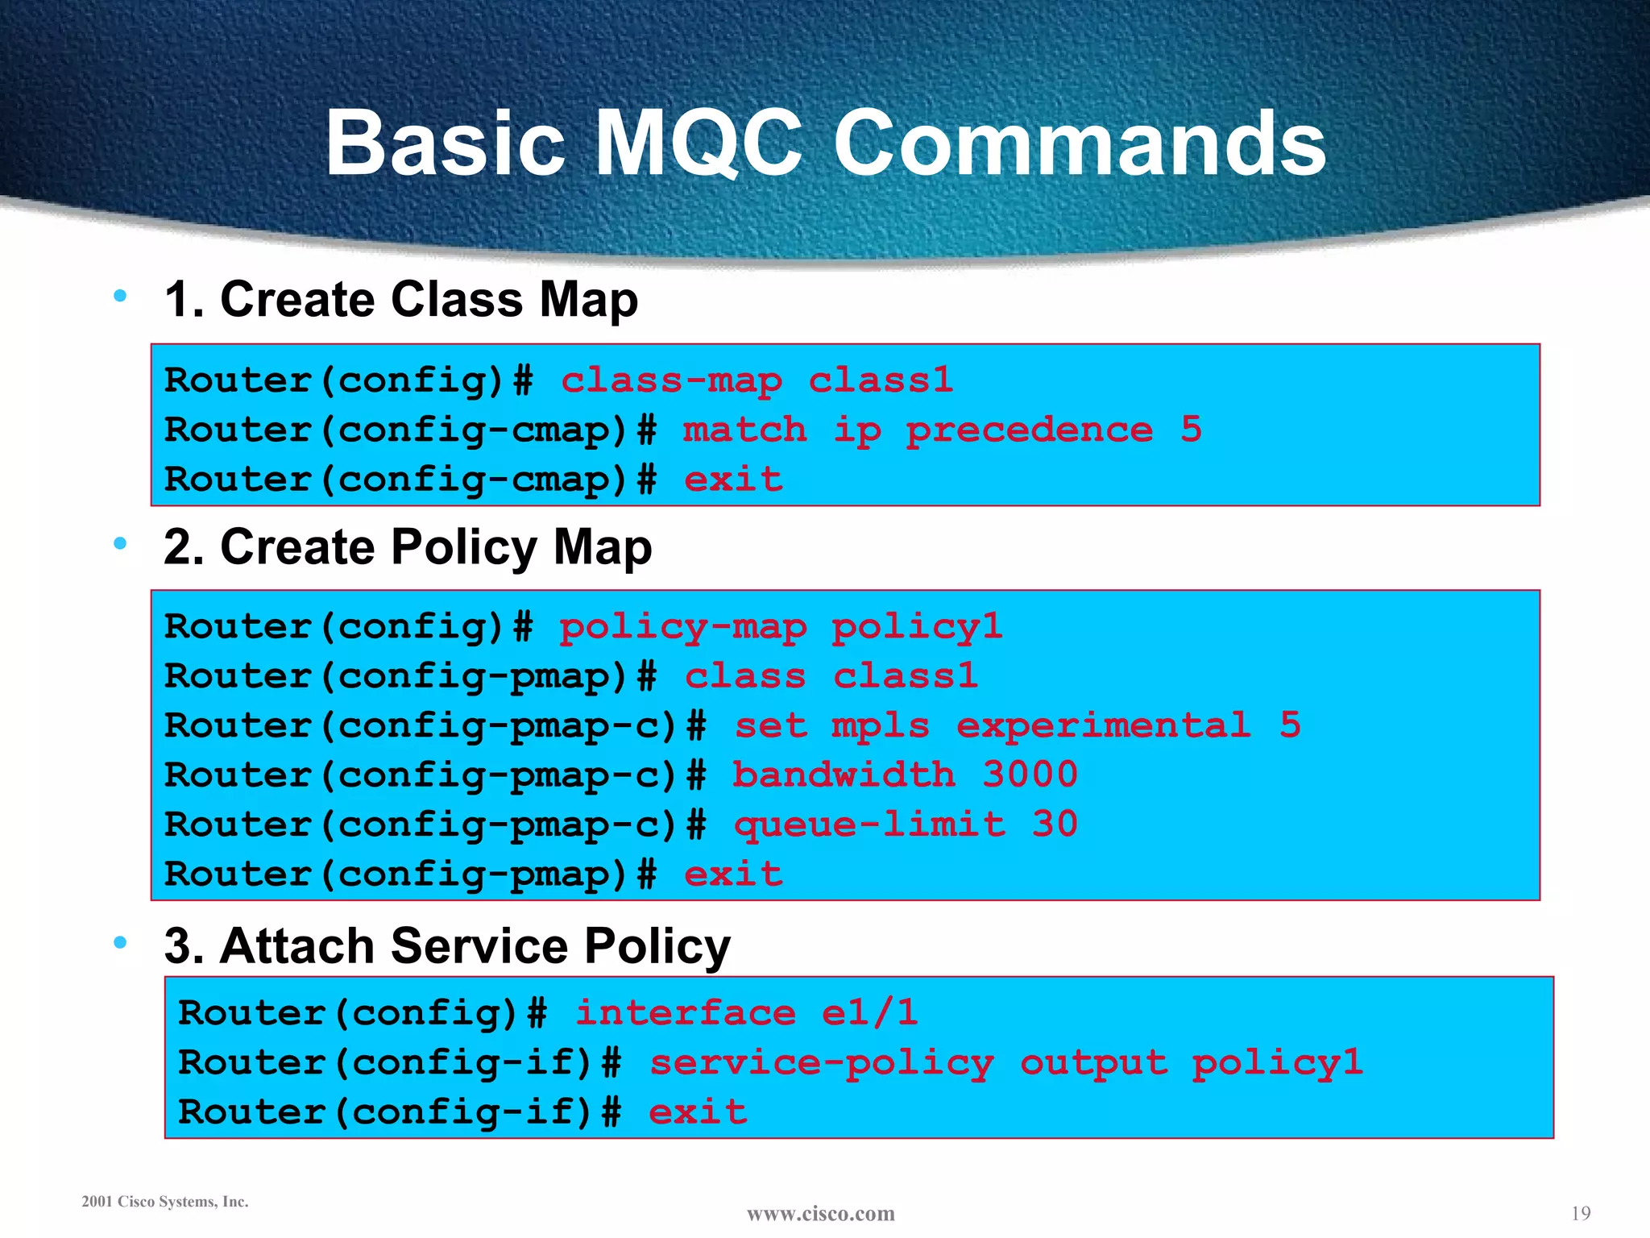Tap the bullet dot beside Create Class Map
121,296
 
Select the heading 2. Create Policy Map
408,547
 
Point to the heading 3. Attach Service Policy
447,945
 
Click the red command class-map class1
757,380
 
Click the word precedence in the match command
1029,430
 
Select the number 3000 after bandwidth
1030,775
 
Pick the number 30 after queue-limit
1055,824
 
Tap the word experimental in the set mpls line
1103,725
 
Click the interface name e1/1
869,1012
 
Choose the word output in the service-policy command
1093,1062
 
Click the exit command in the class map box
733,480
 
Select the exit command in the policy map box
733,874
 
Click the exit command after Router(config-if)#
698,1111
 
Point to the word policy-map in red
682,627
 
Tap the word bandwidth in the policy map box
844,775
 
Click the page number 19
1581,1213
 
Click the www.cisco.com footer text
820,1213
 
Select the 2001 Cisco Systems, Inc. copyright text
165,1202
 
